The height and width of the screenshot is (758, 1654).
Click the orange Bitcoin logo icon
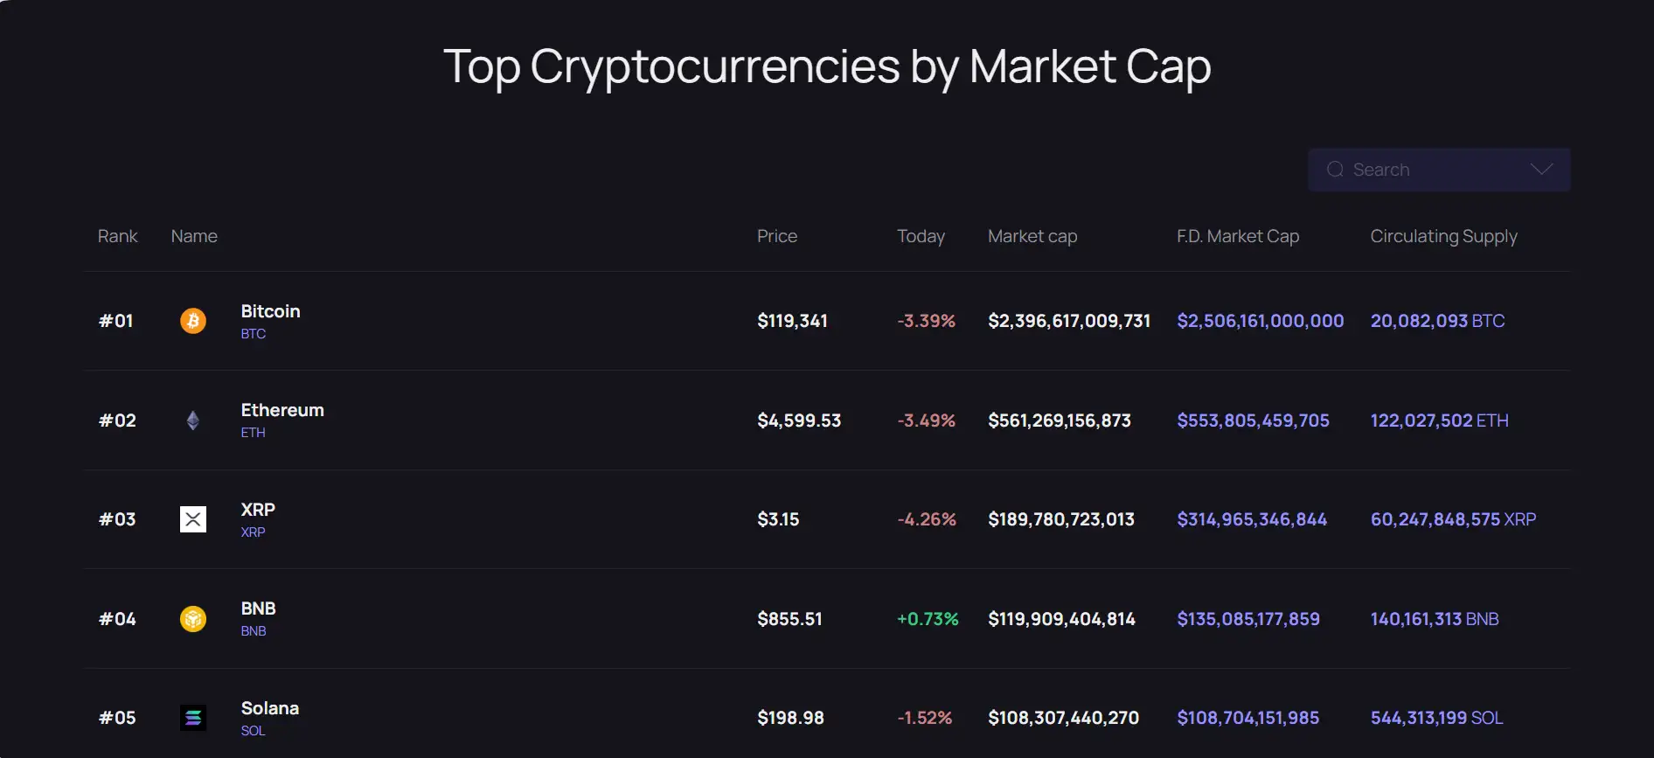click(x=193, y=321)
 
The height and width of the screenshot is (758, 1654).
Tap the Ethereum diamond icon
click(x=193, y=421)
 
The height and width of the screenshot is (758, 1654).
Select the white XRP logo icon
click(x=193, y=519)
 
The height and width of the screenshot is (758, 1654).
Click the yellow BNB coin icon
click(x=193, y=619)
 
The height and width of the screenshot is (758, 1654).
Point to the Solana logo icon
click(x=193, y=718)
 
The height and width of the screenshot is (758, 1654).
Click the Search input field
click(x=1425, y=170)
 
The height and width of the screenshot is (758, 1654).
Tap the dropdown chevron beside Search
click(x=1541, y=170)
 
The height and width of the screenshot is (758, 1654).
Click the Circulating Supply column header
click(x=1443, y=236)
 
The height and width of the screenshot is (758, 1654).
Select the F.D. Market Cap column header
click(x=1238, y=236)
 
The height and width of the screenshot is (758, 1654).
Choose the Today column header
click(x=921, y=236)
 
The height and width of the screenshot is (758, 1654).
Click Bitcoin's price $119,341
click(x=792, y=321)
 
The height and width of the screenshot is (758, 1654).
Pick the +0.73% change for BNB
click(x=928, y=619)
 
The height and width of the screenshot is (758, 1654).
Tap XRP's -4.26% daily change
click(x=927, y=519)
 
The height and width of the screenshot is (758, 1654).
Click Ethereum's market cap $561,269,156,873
click(x=1060, y=421)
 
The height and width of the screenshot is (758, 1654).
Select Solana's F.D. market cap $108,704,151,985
click(x=1247, y=718)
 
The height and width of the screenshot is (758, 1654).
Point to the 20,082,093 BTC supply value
click(x=1437, y=321)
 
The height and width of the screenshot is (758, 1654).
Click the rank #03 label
click(x=117, y=519)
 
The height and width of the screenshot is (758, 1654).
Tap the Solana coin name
click(x=270, y=708)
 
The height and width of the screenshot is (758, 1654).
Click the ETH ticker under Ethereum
click(x=254, y=433)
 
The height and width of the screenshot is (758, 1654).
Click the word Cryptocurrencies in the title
click(x=714, y=66)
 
